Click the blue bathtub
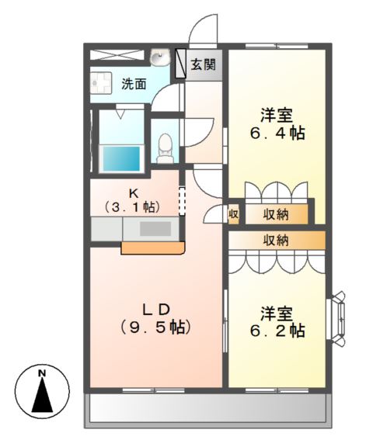[x=122, y=158]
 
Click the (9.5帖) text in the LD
[x=155, y=327]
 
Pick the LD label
[x=155, y=305]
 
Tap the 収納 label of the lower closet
[x=276, y=240]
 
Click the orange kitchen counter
[x=153, y=248]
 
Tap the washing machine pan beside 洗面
[x=100, y=82]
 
